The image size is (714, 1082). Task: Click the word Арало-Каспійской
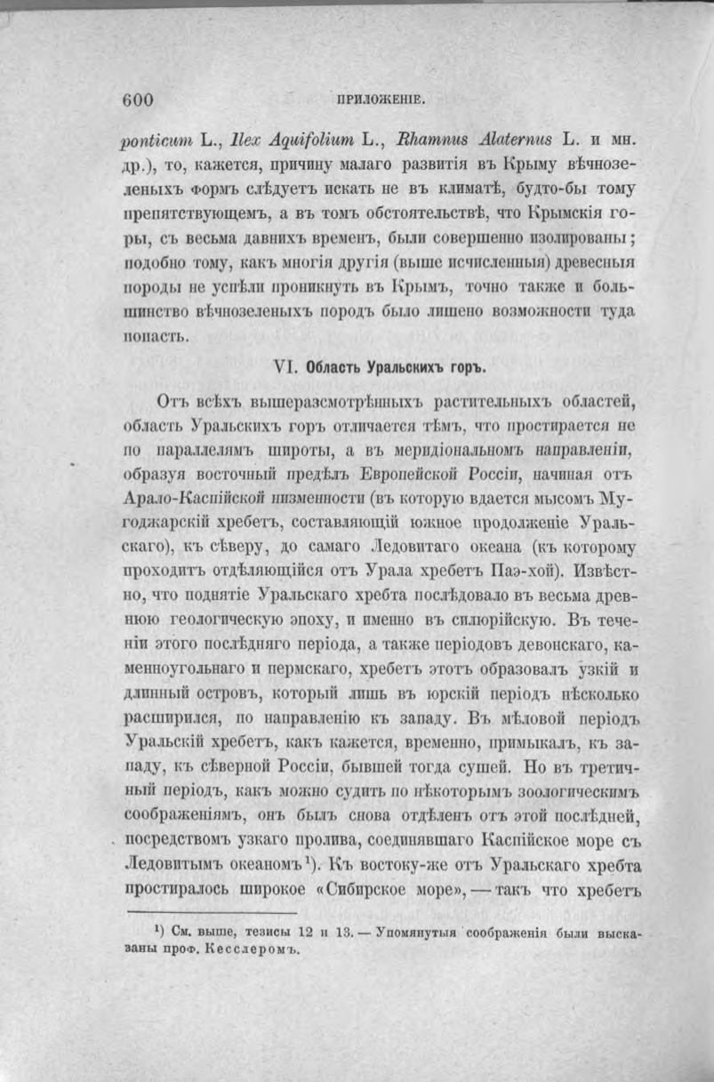point(197,494)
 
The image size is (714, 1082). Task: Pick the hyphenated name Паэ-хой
point(531,568)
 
